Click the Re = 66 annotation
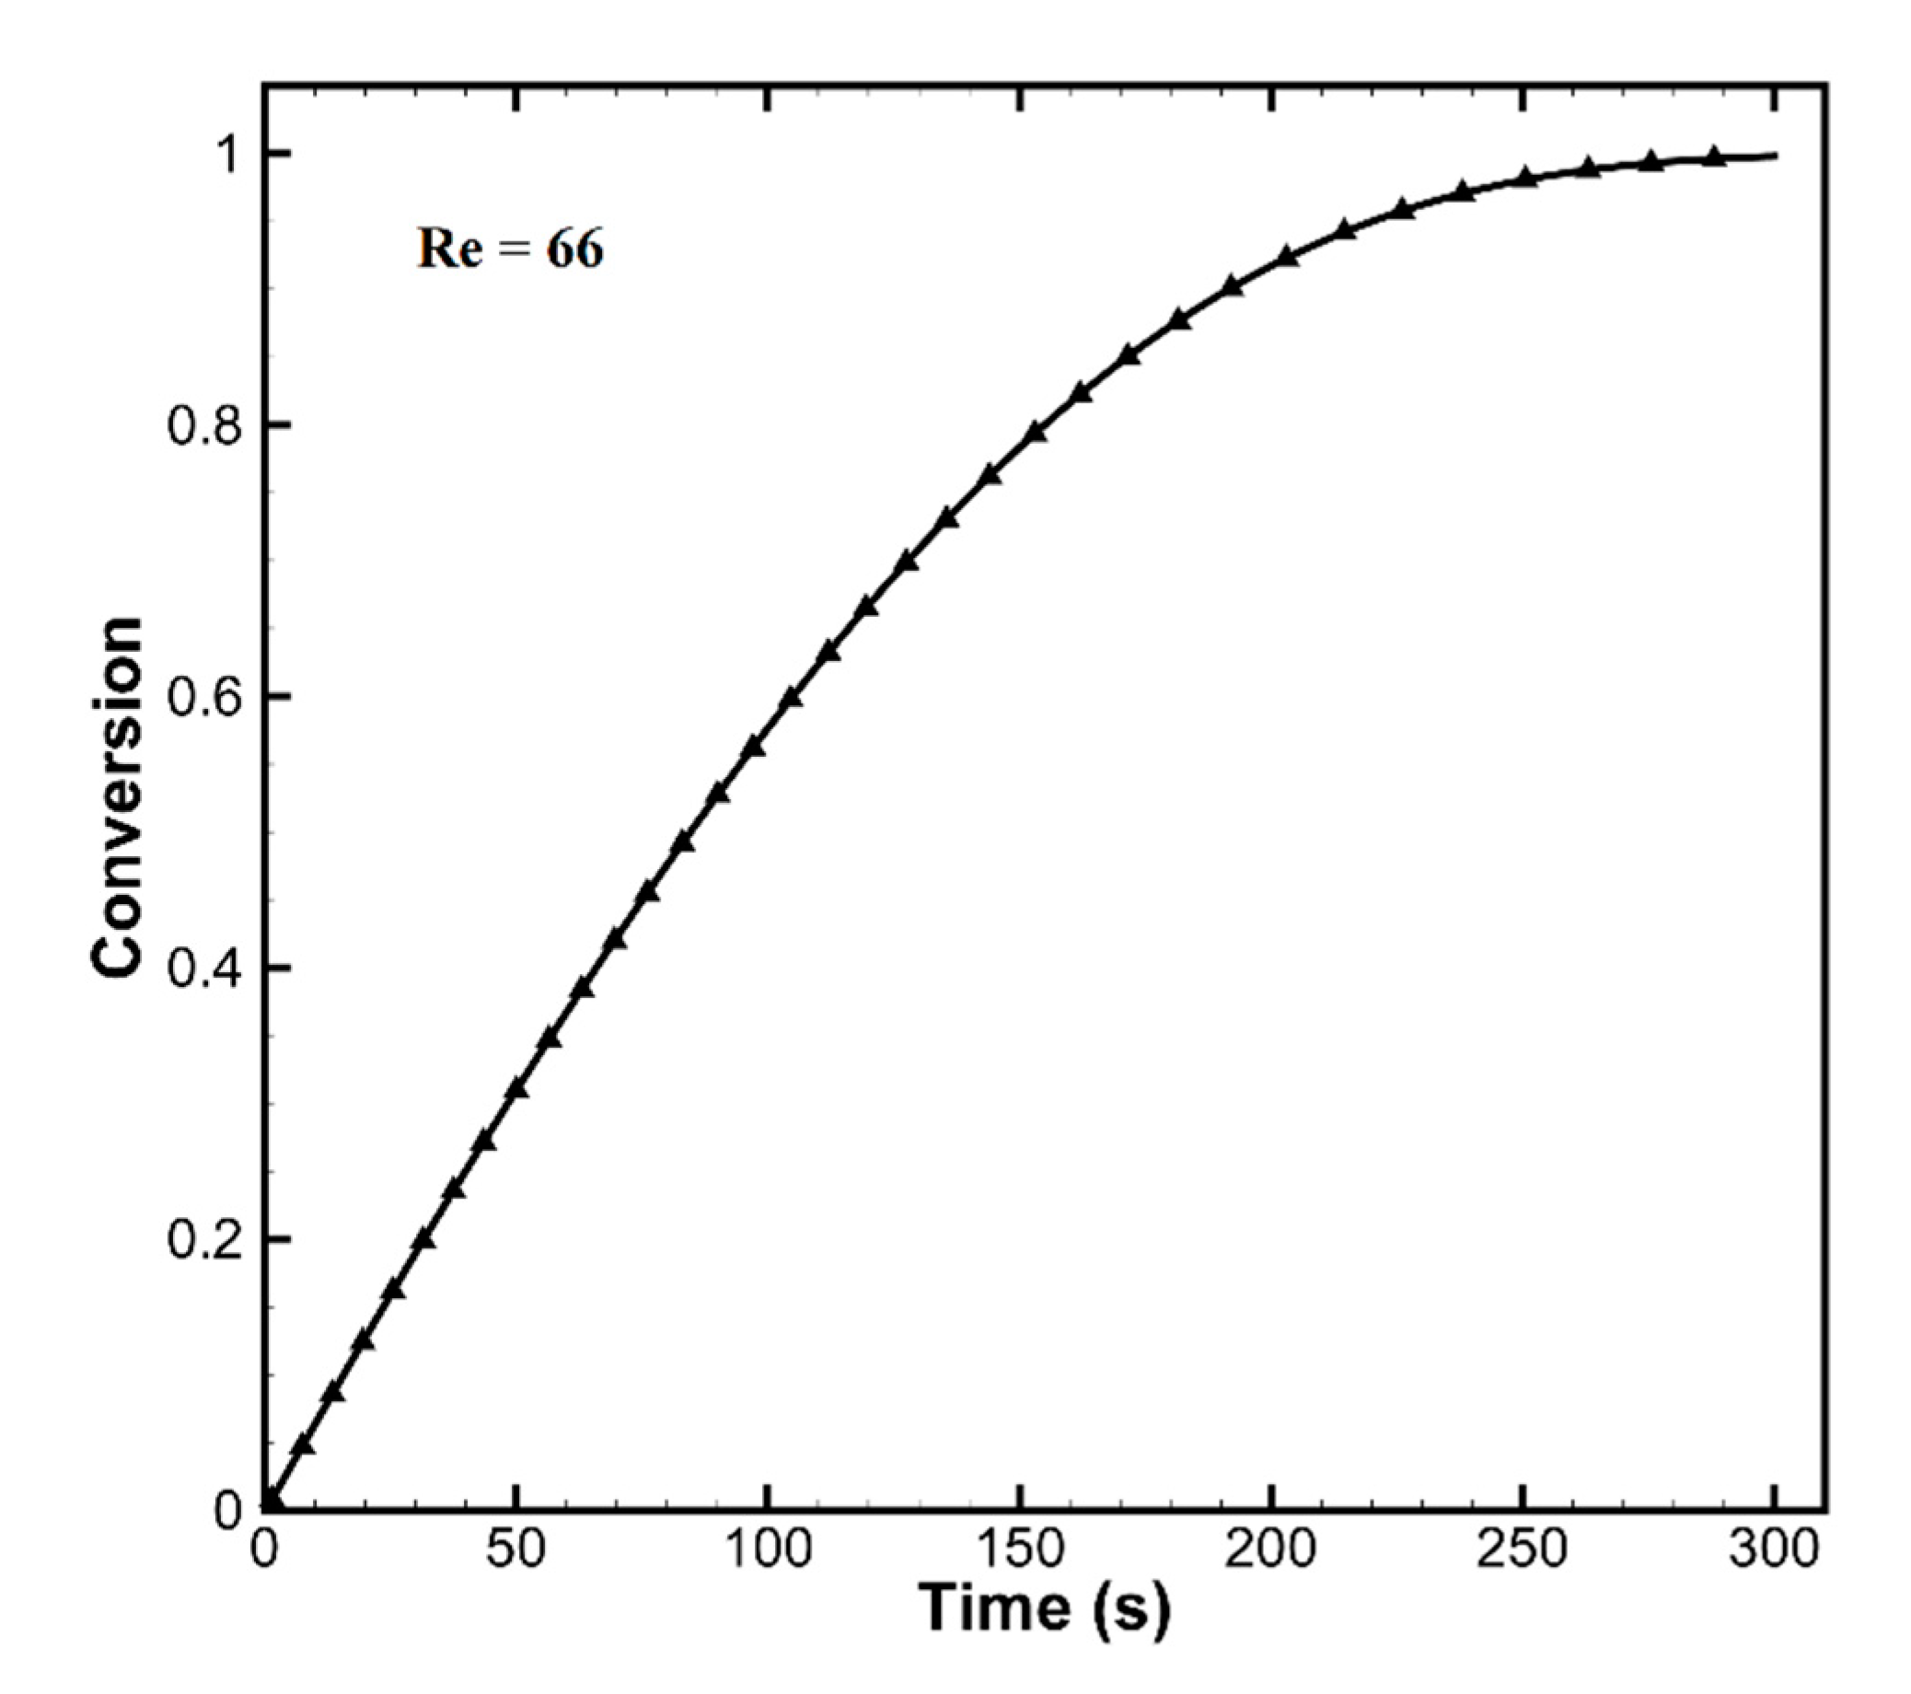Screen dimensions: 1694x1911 pos(510,249)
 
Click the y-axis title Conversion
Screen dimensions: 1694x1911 pos(119,797)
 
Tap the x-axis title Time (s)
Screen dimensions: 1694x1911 pos(1043,1607)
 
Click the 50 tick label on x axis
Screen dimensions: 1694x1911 pos(516,1550)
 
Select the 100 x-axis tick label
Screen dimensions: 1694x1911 pos(768,1550)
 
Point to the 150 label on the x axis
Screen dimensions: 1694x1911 pos(1019,1550)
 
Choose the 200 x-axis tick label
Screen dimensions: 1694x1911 pos(1270,1550)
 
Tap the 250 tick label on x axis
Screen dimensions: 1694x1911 pos(1522,1550)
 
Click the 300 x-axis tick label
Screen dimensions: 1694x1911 pos(1774,1550)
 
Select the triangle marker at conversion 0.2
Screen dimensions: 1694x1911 pos(424,1239)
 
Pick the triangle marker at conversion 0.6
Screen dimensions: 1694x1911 pos(791,698)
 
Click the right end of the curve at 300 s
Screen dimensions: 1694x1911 pos(1775,156)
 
